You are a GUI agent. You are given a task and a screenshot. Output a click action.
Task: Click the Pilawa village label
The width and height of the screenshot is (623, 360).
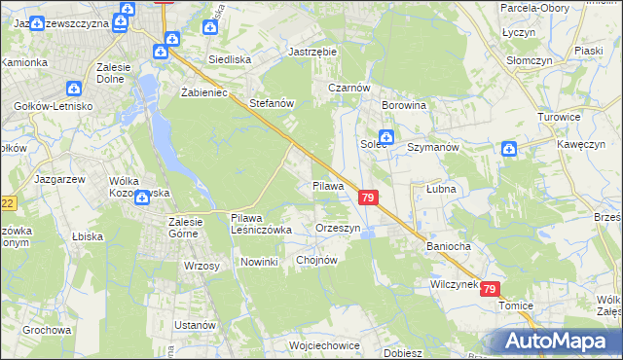pyautogui.click(x=328, y=185)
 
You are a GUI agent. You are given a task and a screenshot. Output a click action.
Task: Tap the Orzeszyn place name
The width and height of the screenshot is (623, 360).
pyautogui.click(x=339, y=228)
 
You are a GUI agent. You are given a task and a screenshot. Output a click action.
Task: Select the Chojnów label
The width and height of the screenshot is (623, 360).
pyautogui.click(x=315, y=260)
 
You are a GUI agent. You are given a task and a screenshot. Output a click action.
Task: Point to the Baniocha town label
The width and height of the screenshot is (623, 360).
pyautogui.click(x=448, y=246)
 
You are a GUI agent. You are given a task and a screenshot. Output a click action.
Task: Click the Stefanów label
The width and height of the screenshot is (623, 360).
pyautogui.click(x=272, y=102)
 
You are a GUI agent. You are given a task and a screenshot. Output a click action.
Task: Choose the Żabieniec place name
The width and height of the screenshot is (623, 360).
pyautogui.click(x=203, y=92)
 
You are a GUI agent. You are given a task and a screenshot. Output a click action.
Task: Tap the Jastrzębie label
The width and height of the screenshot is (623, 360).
pyautogui.click(x=311, y=53)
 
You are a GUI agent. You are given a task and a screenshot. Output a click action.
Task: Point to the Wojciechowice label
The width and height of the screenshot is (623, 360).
pyautogui.click(x=324, y=344)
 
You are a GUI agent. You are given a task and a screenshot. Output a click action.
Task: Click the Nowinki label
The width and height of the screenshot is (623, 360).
pyautogui.click(x=260, y=262)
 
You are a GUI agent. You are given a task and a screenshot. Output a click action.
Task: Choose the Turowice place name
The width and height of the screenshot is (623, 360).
pyautogui.click(x=559, y=116)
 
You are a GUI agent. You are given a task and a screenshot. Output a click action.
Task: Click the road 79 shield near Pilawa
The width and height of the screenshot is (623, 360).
pyautogui.click(x=367, y=198)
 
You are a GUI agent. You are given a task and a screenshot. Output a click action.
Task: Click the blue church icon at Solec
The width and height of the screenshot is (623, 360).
pyautogui.click(x=385, y=138)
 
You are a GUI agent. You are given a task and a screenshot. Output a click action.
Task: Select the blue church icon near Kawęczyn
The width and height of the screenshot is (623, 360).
pyautogui.click(x=509, y=149)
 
